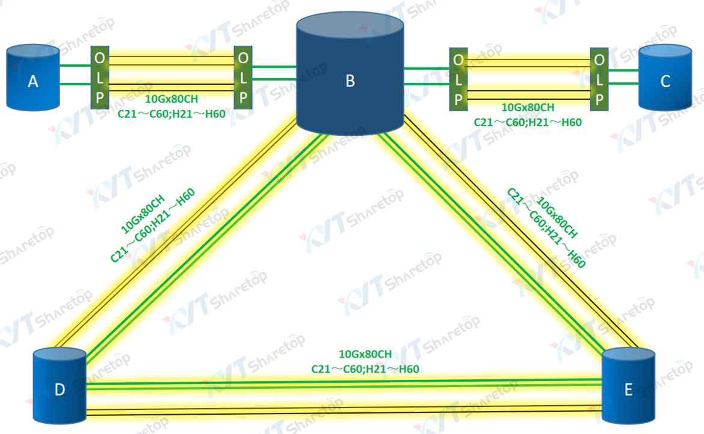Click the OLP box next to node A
click(100, 78)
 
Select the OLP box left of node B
click(243, 78)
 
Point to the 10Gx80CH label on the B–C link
click(528, 108)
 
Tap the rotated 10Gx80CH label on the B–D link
click(143, 214)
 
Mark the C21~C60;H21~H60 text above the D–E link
click(365, 368)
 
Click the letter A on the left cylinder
click(32, 81)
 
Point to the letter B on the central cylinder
click(350, 81)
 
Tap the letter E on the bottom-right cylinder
click(628, 390)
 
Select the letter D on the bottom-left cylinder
click(60, 390)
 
